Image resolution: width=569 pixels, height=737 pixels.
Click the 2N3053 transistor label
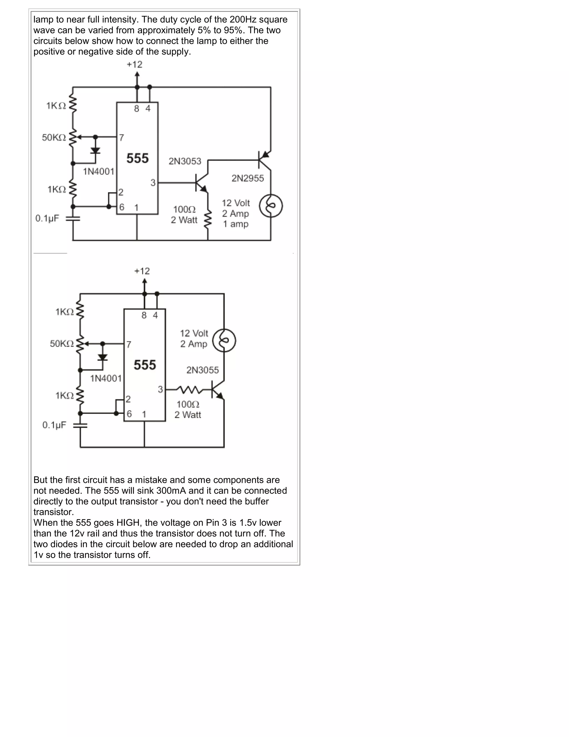(x=185, y=161)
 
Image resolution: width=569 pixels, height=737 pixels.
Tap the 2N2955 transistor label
(x=248, y=178)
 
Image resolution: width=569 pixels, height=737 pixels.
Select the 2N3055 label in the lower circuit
(x=203, y=370)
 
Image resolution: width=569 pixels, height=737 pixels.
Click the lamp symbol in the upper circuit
(x=271, y=206)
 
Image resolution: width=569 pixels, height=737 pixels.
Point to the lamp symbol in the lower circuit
(x=224, y=340)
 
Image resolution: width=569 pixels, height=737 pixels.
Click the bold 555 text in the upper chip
(x=138, y=158)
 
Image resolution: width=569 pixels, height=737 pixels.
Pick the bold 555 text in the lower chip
(x=144, y=365)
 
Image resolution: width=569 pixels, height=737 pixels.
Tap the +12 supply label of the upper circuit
(x=134, y=65)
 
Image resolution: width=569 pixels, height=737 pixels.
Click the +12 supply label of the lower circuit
(x=142, y=271)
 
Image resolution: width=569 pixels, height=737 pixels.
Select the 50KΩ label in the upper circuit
(x=54, y=137)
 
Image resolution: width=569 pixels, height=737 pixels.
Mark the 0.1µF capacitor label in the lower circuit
(x=54, y=425)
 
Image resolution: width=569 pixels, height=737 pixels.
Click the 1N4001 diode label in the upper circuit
(x=98, y=171)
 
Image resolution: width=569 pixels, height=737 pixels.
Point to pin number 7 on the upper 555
(x=121, y=138)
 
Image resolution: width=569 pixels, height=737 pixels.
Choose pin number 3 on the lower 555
(x=160, y=389)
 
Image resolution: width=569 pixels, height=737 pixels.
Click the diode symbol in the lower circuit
(x=103, y=357)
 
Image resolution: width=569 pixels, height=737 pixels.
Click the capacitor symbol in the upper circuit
(x=73, y=219)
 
